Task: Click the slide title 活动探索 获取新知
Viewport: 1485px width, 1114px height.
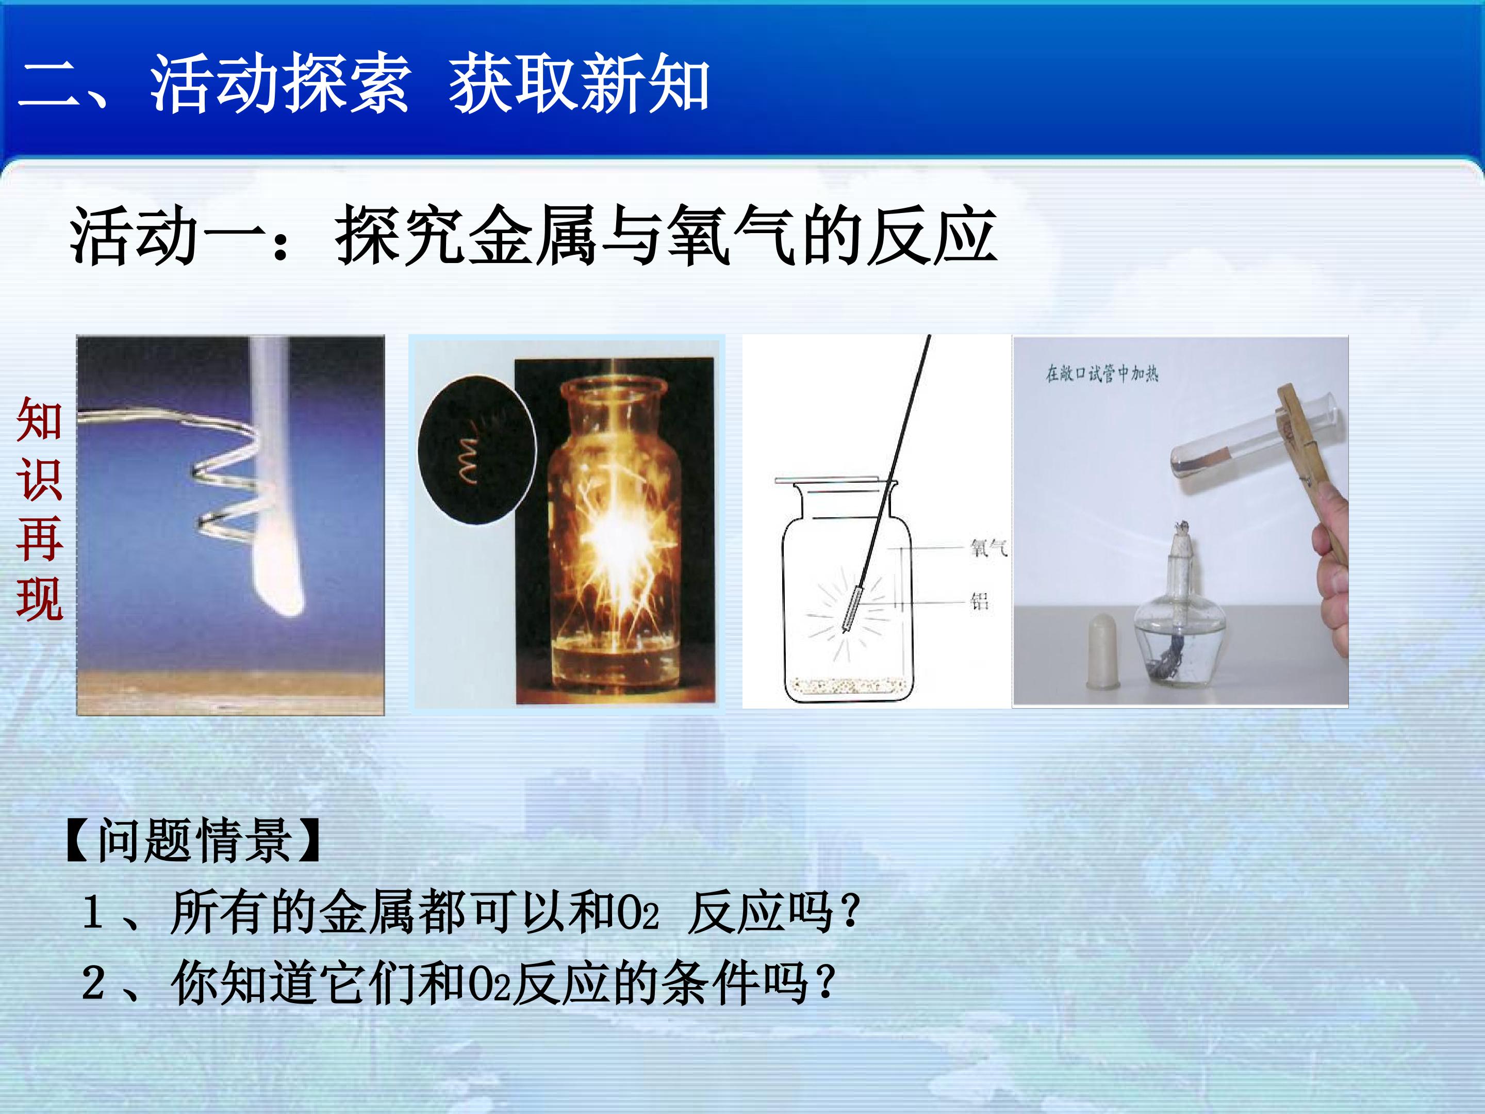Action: [429, 84]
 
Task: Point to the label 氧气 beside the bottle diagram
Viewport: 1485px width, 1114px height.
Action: [988, 548]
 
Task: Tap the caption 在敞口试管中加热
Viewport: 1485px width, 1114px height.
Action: [1102, 373]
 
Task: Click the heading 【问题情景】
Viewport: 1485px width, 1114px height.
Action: [193, 840]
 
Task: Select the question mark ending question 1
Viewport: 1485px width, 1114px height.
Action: [850, 911]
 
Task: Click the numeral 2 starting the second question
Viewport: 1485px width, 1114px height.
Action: [93, 982]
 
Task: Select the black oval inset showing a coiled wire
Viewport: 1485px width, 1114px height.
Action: [476, 449]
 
